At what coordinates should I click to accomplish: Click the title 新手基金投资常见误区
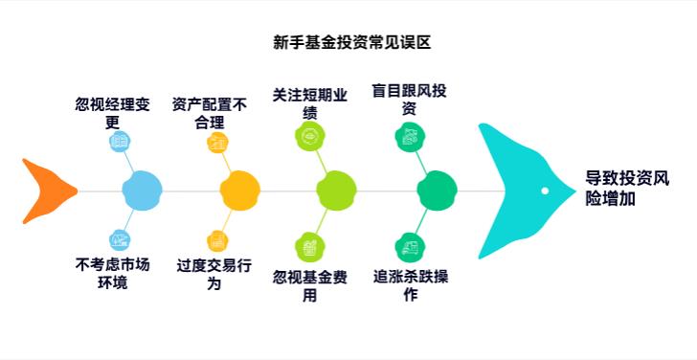(352, 43)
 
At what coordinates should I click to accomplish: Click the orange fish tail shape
(48, 191)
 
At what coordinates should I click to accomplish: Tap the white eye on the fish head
(545, 191)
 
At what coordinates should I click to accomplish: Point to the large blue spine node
(143, 190)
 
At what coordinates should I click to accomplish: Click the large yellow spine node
(239, 190)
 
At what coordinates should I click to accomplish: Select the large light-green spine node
(336, 190)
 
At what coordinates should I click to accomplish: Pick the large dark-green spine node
(437, 190)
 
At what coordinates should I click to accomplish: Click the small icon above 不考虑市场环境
(120, 239)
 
